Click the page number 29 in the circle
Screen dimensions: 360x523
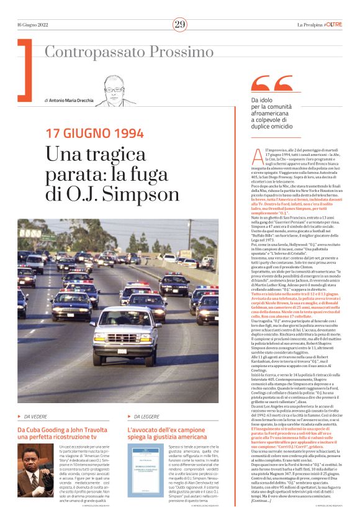pos(180,24)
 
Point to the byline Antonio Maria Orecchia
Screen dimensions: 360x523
pos(71,100)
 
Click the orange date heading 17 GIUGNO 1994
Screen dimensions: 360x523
pos(94,133)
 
